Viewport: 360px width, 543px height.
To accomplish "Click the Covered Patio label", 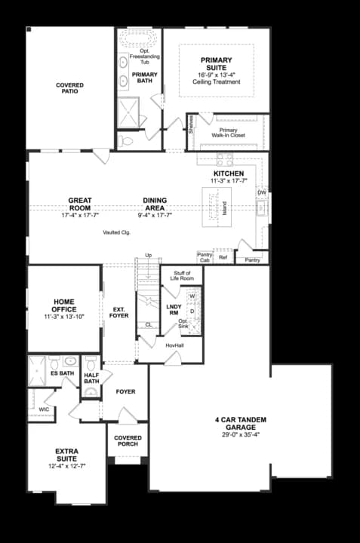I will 69,88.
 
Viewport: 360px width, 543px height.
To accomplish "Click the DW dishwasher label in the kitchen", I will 261,192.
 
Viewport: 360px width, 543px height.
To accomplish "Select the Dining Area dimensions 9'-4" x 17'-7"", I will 155,215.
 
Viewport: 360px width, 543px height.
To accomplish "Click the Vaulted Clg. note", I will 117,232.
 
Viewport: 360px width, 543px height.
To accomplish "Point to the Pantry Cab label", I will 204,257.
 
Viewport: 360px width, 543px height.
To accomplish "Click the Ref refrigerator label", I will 223,258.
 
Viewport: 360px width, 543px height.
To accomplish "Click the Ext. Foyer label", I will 119,312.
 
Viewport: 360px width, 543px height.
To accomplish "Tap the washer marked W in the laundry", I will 192,296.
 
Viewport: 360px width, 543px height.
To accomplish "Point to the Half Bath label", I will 92,378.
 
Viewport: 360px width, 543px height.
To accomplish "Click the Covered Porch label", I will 128,441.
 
